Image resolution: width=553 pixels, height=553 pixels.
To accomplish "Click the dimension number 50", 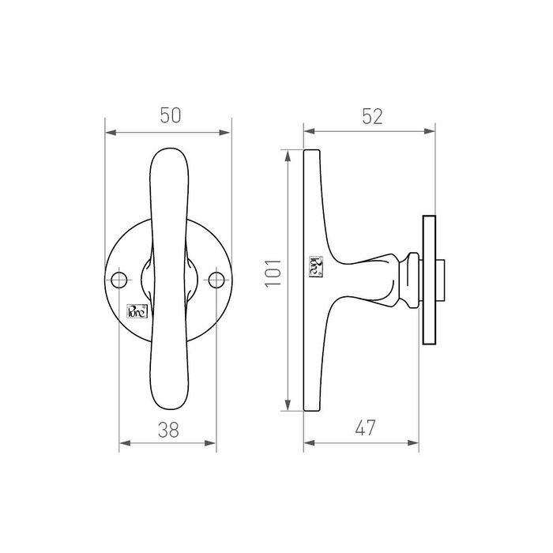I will tap(168, 115).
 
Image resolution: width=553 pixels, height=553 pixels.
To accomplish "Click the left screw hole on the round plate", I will tap(120, 279).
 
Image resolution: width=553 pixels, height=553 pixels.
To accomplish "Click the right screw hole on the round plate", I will tap(216, 279).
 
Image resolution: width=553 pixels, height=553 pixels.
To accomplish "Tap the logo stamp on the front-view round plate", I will tap(137, 310).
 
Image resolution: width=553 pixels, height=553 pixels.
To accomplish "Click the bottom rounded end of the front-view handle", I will tap(168, 403).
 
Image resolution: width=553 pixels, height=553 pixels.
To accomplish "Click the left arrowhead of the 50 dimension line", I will tap(111, 132).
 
